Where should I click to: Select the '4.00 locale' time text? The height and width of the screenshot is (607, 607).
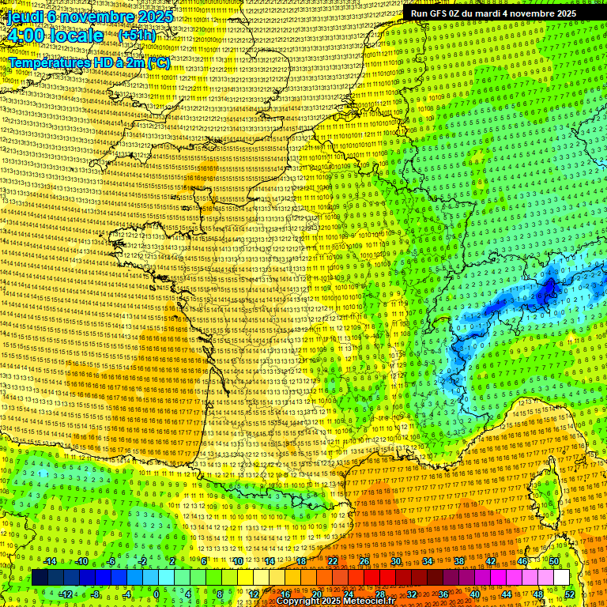[55, 36]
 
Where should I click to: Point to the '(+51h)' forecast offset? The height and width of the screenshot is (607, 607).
[137, 36]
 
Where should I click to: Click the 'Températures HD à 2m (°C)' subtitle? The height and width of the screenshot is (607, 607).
[89, 62]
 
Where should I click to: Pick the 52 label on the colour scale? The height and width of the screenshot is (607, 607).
[570, 594]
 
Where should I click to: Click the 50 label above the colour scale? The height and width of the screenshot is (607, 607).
[554, 561]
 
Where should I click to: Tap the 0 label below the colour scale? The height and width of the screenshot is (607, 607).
[156, 594]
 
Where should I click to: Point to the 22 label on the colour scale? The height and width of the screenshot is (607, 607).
[333, 561]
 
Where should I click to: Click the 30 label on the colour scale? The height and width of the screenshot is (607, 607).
[396, 561]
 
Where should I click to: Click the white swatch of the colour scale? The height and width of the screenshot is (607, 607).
[561, 578]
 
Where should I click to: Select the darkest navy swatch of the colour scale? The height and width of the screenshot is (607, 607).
[40, 578]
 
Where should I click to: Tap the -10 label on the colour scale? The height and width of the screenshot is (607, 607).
[81, 561]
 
